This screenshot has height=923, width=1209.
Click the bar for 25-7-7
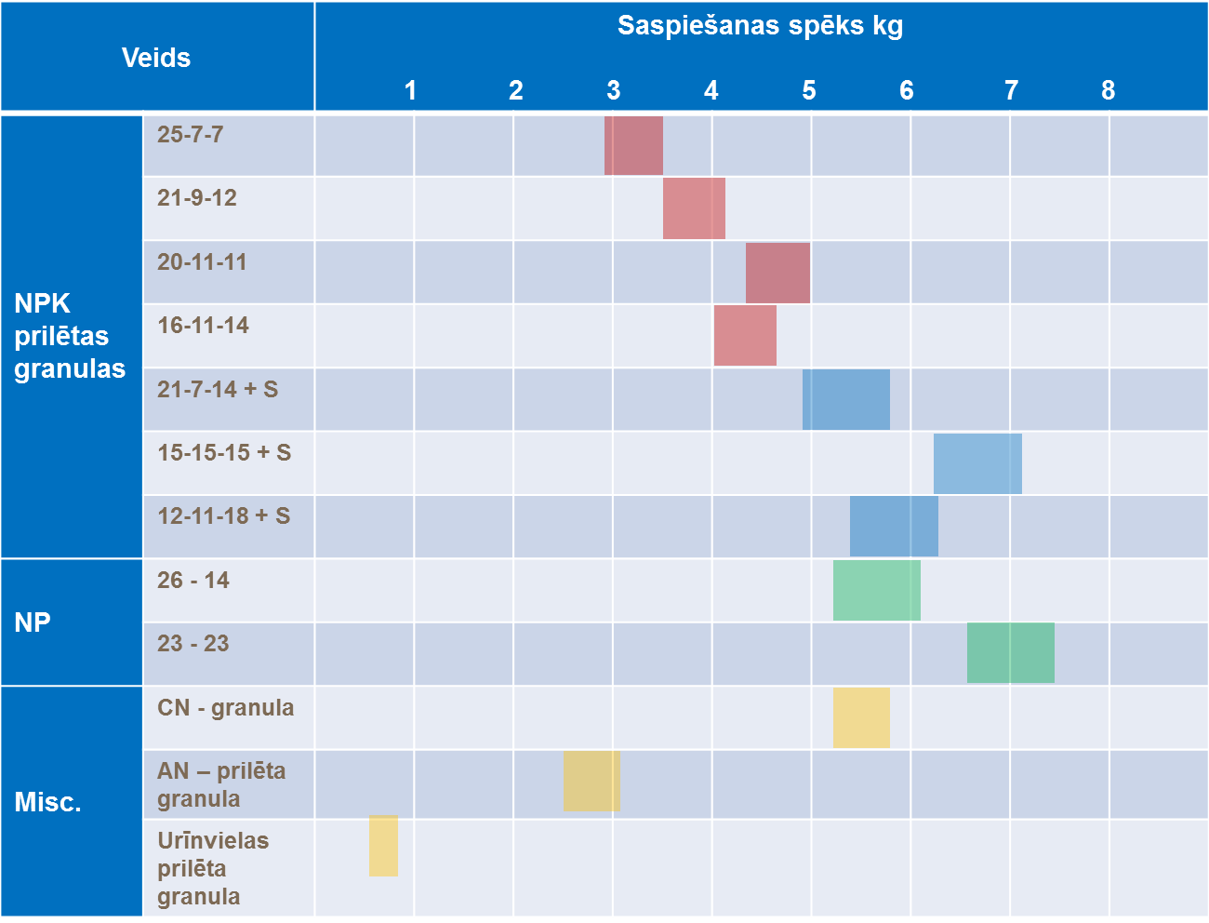click(x=633, y=145)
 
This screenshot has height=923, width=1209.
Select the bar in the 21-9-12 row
click(x=694, y=208)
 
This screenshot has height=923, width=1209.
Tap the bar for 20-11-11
click(x=777, y=273)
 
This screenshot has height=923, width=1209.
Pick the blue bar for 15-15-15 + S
click(x=977, y=463)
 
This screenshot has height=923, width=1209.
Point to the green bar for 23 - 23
click(x=1010, y=652)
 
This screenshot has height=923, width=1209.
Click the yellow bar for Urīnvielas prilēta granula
click(x=383, y=846)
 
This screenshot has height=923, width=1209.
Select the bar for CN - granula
click(x=861, y=717)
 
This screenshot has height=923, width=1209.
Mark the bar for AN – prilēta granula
click(x=591, y=781)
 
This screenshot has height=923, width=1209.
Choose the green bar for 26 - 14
click(x=876, y=590)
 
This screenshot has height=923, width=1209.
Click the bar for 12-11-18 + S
click(x=894, y=526)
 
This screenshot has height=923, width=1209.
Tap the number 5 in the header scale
click(x=809, y=90)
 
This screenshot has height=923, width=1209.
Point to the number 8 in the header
click(x=1108, y=90)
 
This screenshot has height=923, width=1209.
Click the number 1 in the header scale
click(x=410, y=90)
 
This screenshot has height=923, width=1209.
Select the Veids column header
click(x=156, y=58)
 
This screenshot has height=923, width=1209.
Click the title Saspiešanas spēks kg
click(x=760, y=26)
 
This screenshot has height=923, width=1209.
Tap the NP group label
click(x=33, y=622)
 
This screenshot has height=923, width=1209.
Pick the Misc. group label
click(x=48, y=802)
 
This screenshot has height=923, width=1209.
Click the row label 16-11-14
click(x=203, y=326)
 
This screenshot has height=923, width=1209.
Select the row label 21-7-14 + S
click(x=218, y=389)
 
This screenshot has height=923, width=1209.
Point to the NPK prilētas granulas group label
click(x=70, y=336)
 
